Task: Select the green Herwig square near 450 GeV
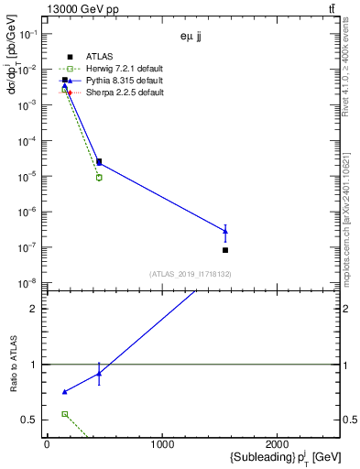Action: click(x=99, y=178)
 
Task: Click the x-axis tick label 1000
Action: click(x=162, y=445)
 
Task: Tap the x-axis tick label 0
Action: click(x=47, y=445)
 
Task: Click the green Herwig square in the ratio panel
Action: click(x=64, y=414)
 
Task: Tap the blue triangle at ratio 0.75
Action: click(x=64, y=392)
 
